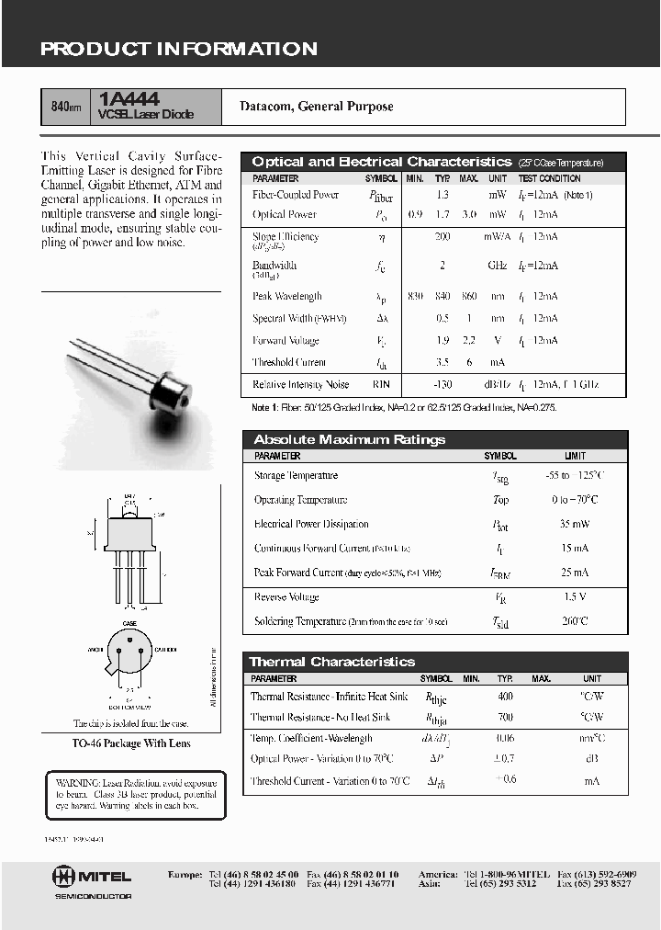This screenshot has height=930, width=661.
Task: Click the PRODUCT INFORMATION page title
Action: (179, 50)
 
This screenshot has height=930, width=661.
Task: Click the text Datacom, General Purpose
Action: (316, 107)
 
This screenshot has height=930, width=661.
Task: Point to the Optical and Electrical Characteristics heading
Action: (381, 162)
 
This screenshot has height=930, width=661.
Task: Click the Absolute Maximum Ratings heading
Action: (349, 439)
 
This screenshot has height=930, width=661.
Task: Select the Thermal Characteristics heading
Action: (331, 662)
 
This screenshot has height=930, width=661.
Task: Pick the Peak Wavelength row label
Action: (286, 297)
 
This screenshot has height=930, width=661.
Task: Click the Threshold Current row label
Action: (288, 363)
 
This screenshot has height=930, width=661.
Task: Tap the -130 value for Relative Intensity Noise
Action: (443, 385)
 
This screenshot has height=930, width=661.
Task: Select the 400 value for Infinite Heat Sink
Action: (505, 697)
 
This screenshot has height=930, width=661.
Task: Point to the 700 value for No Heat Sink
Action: (505, 717)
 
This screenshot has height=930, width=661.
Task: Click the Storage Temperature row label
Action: (296, 476)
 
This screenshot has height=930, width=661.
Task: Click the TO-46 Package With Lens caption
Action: (131, 743)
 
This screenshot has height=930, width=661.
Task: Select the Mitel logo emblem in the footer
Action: (63, 877)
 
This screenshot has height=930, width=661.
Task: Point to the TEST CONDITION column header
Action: (549, 178)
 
